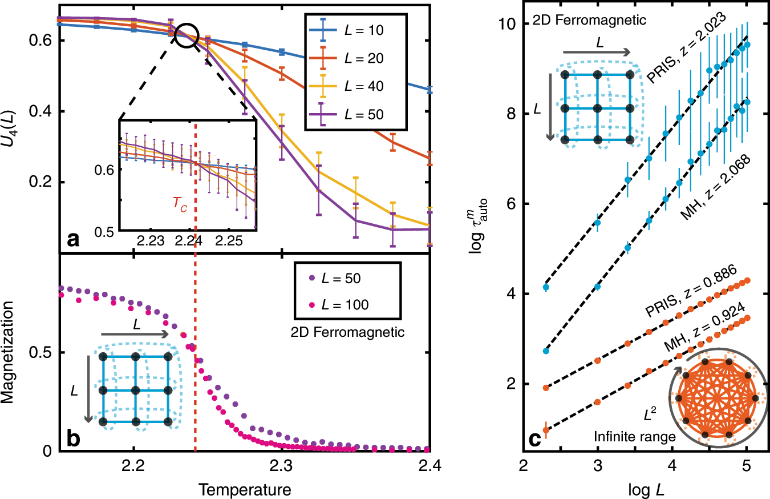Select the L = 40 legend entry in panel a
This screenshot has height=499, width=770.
pos(354,87)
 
